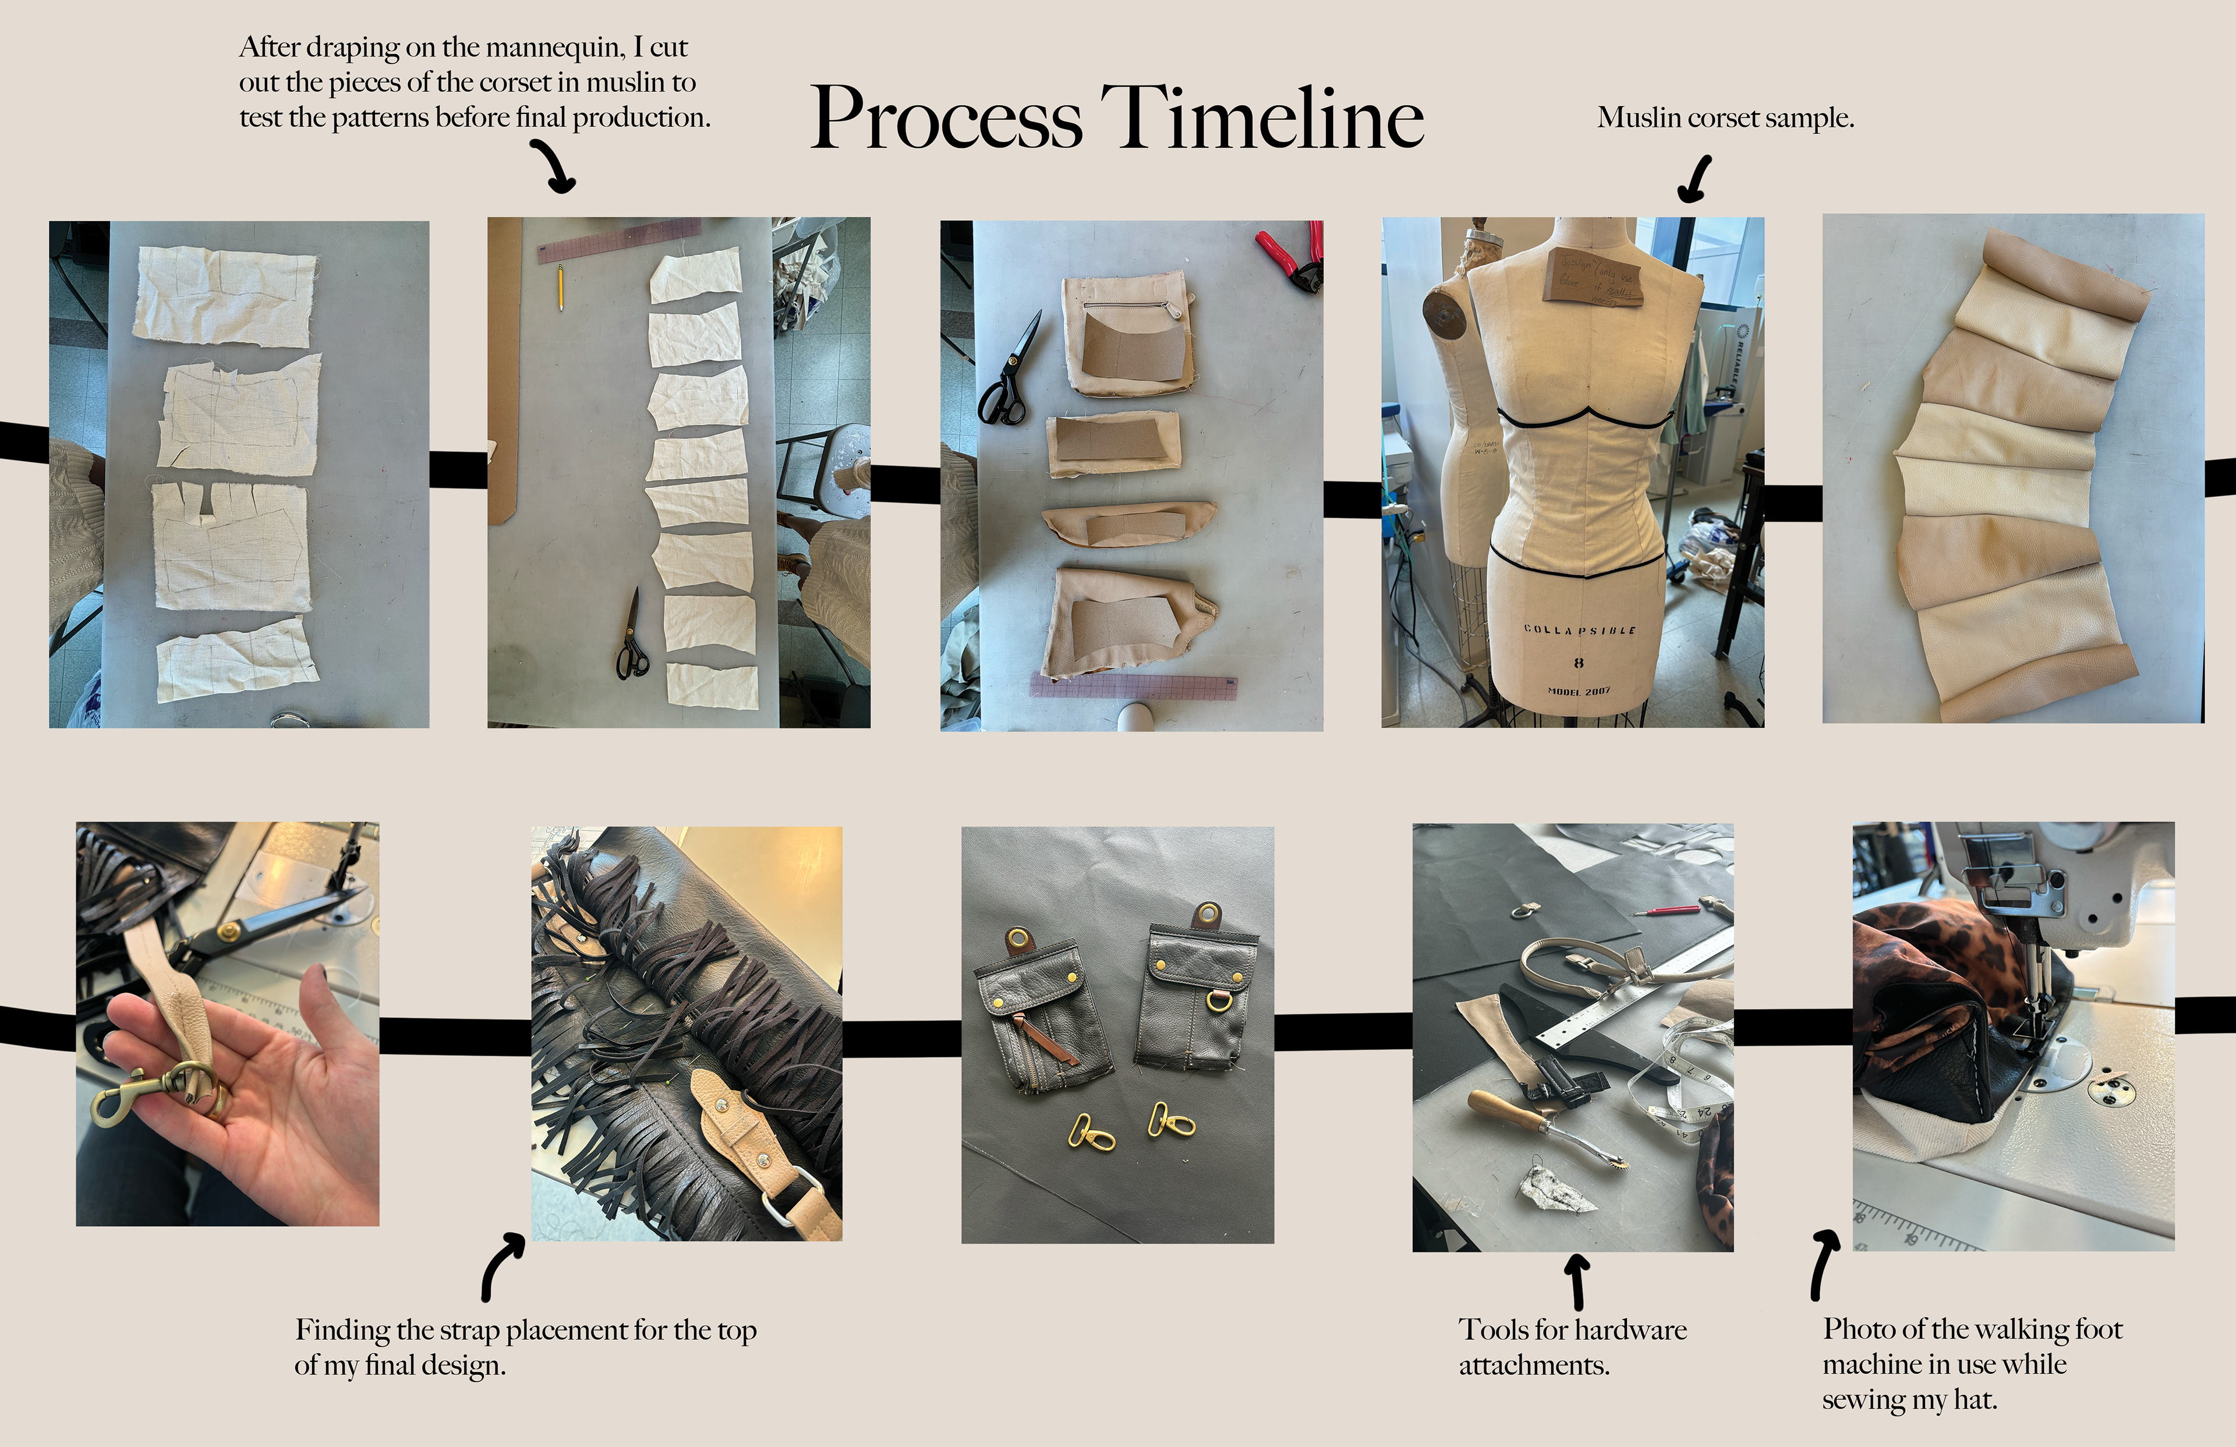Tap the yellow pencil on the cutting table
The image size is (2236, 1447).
coord(561,286)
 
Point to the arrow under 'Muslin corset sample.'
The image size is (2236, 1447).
coord(1694,179)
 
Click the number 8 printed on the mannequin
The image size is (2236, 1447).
coord(1579,663)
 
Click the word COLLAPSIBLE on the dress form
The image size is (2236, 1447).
coord(1579,629)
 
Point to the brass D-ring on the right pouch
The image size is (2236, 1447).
coord(1219,1002)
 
